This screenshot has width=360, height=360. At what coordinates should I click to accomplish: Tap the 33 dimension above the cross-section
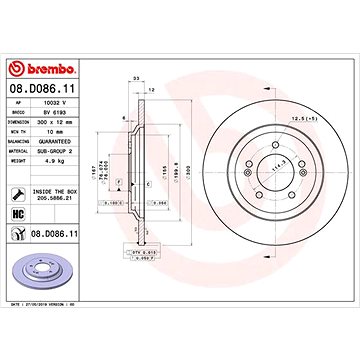(135, 78)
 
